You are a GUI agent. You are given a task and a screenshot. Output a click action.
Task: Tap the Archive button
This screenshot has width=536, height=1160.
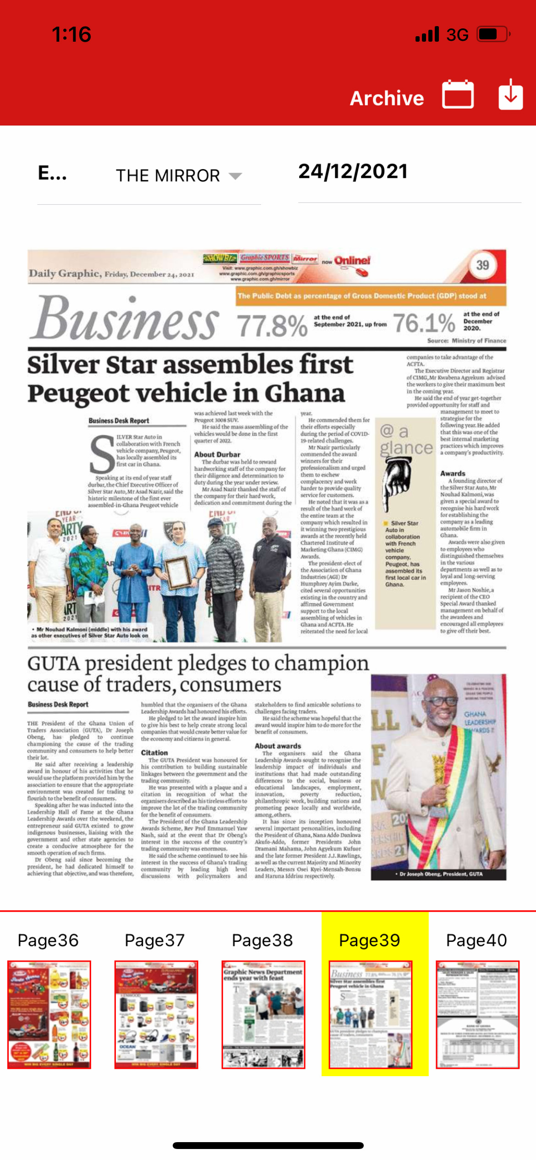point(387,98)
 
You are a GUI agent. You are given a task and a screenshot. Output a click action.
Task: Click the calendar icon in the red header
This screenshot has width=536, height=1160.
point(458,94)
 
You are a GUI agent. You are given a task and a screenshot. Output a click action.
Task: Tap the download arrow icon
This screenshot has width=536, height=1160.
point(510,94)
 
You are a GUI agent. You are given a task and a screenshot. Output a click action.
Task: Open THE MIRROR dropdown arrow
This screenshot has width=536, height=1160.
point(235,176)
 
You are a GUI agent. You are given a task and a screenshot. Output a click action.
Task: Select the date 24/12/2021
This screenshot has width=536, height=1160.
point(353,172)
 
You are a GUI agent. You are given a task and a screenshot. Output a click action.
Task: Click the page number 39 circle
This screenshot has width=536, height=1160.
point(482,265)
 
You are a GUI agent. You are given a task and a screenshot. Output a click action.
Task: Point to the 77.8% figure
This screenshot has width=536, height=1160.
point(272,326)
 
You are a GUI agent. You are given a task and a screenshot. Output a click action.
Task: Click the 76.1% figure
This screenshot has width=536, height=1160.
point(424,323)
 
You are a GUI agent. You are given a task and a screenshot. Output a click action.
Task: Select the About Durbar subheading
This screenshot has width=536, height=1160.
point(217,454)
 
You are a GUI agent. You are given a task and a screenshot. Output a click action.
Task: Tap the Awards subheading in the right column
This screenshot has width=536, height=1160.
point(453,473)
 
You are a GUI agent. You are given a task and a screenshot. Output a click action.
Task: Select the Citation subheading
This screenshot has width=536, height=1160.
point(154,753)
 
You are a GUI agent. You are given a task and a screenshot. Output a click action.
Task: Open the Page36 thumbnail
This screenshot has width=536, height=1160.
point(49,1014)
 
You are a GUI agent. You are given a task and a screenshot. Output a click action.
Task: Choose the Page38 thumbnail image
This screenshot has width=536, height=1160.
point(263,1014)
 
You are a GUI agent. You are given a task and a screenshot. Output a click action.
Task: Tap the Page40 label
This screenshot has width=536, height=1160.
point(476,941)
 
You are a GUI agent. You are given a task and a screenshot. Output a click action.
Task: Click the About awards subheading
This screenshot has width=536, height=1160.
point(278,746)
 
